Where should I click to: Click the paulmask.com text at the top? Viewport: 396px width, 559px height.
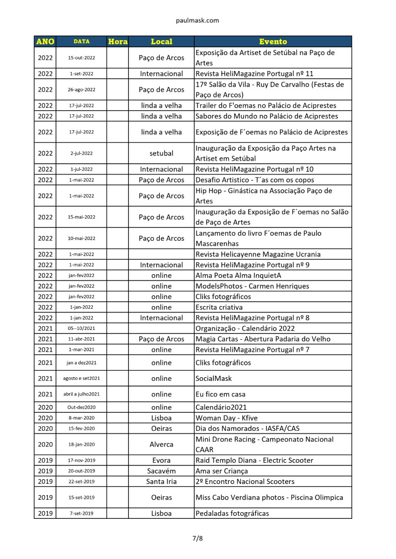(197, 21)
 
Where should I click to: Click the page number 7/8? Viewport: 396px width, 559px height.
(197, 538)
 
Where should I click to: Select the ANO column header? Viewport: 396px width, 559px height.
(45, 42)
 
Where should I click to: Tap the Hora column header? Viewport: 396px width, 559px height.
(118, 42)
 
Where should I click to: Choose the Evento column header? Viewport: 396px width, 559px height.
(273, 42)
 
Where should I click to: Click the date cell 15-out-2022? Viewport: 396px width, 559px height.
(81, 58)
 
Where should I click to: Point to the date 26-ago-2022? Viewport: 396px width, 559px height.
(81, 90)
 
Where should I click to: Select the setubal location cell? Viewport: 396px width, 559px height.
(161, 153)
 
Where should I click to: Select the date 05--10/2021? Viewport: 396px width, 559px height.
(81, 328)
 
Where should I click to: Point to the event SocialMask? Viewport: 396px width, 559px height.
(213, 378)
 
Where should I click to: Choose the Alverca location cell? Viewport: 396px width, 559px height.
(161, 444)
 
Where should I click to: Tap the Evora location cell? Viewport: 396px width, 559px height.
(161, 460)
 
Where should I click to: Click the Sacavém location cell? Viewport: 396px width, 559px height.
(161, 471)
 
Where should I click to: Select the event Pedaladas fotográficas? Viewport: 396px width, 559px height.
(232, 513)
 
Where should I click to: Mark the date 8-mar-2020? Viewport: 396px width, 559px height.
(81, 418)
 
